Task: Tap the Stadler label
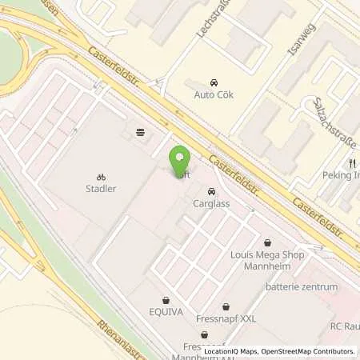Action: click(101, 190)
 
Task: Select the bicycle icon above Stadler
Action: click(101, 178)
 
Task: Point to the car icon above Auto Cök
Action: click(214, 82)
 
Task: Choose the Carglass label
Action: click(211, 204)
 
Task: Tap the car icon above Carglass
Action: click(211, 192)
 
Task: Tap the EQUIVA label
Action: click(166, 313)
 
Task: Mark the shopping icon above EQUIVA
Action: click(166, 301)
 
